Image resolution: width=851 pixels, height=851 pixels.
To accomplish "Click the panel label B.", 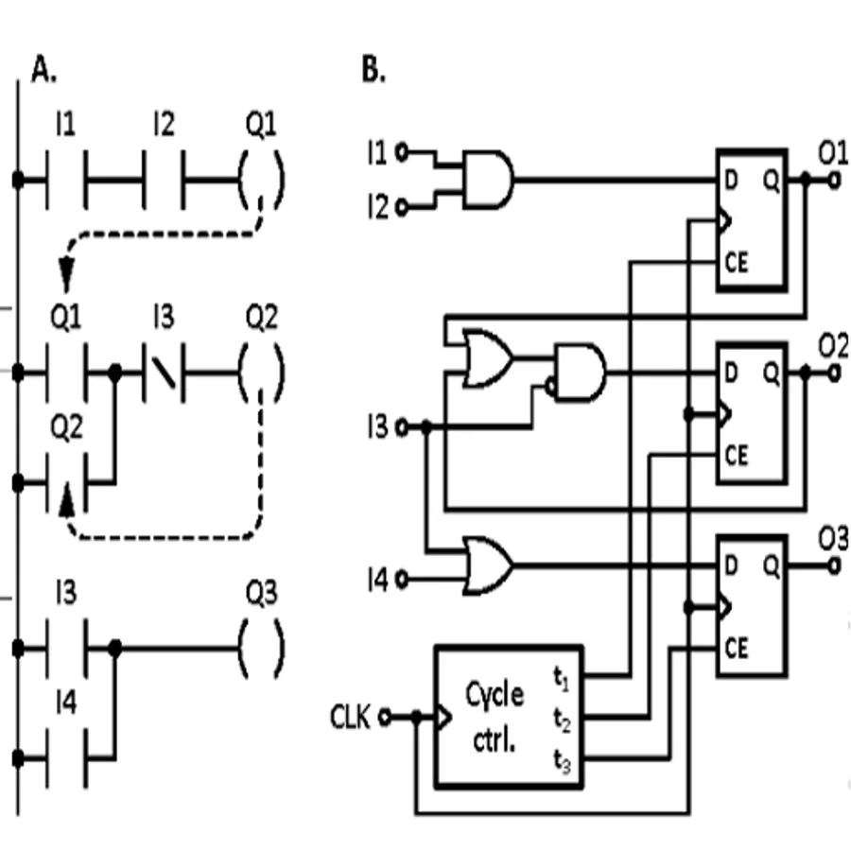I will click(x=373, y=71).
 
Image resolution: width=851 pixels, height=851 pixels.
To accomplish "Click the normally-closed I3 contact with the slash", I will click(x=164, y=372).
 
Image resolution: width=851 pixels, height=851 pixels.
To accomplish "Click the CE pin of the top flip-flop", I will click(x=737, y=263).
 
